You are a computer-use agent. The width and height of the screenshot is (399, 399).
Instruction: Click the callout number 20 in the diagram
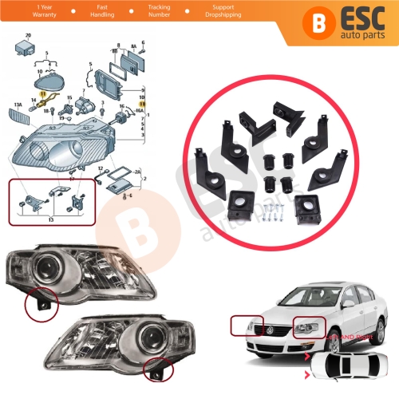29,36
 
